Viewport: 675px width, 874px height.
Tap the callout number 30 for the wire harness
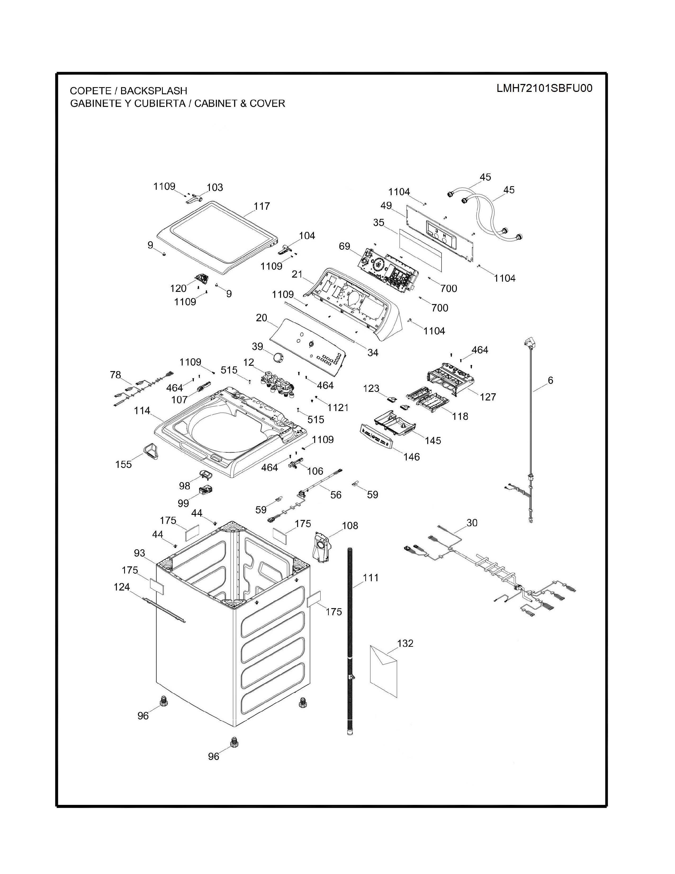coord(472,523)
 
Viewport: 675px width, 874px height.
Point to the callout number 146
coord(411,457)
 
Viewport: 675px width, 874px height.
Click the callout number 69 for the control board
coord(345,246)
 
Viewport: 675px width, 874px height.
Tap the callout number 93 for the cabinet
coord(139,553)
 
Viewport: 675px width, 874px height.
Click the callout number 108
coord(350,525)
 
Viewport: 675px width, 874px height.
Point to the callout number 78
coord(116,375)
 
